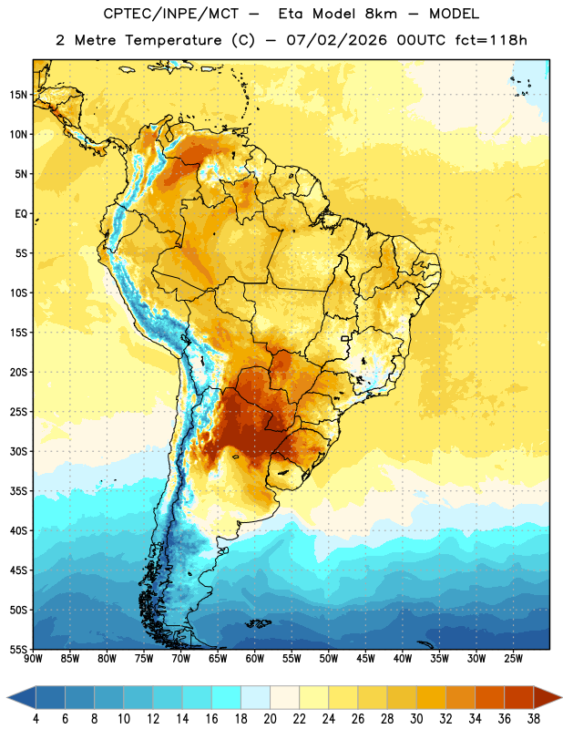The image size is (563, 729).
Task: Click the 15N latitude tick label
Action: pyautogui.click(x=18, y=95)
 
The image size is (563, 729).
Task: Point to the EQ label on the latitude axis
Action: pyautogui.click(x=21, y=214)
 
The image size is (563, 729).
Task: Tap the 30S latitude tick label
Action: pyautogui.click(x=18, y=451)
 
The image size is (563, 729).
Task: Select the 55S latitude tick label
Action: pyautogui.click(x=18, y=650)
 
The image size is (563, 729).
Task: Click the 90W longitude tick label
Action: pyautogui.click(x=33, y=659)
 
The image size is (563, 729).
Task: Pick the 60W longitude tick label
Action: pyautogui.click(x=255, y=659)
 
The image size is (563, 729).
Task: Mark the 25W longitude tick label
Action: pyautogui.click(x=513, y=659)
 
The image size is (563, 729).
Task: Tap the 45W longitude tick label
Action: pyautogui.click(x=365, y=659)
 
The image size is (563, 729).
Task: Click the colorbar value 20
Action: pyautogui.click(x=270, y=719)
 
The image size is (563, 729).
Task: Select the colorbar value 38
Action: pyautogui.click(x=534, y=719)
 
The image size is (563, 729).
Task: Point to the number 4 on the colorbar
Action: pyautogui.click(x=36, y=719)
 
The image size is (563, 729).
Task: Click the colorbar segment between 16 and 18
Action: pyautogui.click(x=227, y=697)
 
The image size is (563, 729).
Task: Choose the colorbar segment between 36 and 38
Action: pyautogui.click(x=519, y=697)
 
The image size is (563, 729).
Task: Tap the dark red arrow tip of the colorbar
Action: pyautogui.click(x=560, y=697)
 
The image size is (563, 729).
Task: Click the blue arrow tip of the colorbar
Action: pyautogui.click(x=8, y=697)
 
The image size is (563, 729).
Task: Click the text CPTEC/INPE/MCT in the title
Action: pyautogui.click(x=170, y=14)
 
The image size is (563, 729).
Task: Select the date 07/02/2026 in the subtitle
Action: pyautogui.click(x=336, y=40)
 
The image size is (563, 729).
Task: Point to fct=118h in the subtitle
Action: pyautogui.click(x=491, y=40)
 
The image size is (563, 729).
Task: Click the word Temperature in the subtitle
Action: pyautogui.click(x=173, y=40)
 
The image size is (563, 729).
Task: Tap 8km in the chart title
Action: pyautogui.click(x=381, y=14)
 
